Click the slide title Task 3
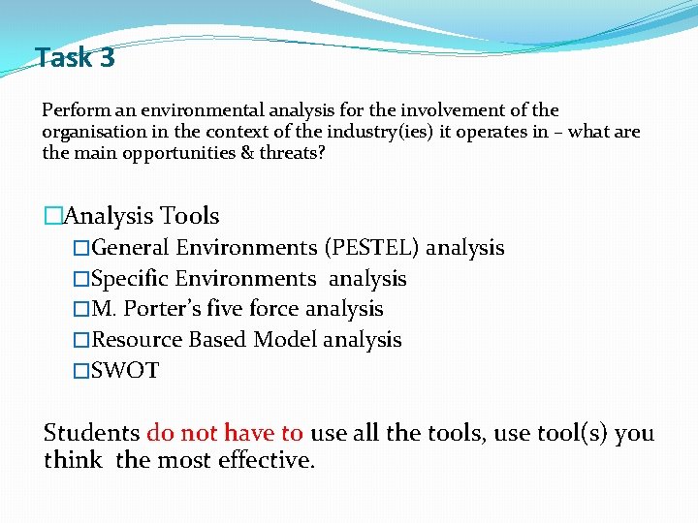(75, 58)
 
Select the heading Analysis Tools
(141, 216)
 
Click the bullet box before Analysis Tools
(52, 216)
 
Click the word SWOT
(125, 370)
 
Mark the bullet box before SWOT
(81, 370)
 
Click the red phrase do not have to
(225, 433)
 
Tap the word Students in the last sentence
(91, 433)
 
